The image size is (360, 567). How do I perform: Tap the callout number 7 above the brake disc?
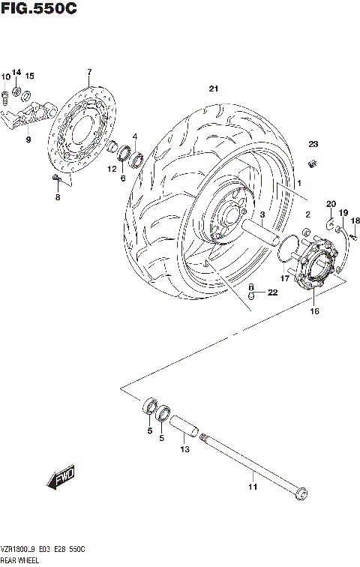tap(88, 72)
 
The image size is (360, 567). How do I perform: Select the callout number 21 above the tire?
tap(214, 89)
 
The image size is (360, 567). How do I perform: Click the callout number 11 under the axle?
tap(253, 487)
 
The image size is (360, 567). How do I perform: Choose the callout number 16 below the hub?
tap(314, 310)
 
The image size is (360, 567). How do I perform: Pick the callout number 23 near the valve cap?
tap(313, 144)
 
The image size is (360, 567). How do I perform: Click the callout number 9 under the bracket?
tap(28, 139)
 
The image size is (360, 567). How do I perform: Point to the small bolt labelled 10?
tap(5, 94)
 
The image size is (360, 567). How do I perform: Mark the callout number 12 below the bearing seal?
tap(111, 169)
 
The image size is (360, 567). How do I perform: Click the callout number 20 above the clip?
tap(330, 204)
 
